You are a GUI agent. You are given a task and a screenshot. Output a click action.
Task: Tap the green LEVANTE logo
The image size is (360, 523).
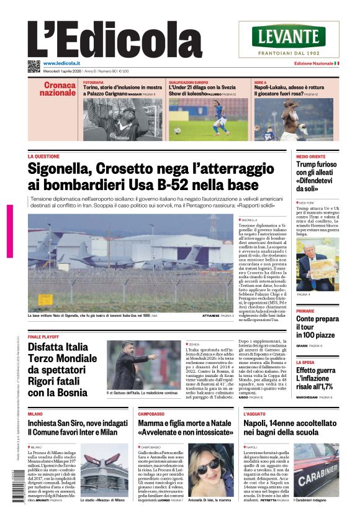tap(297, 36)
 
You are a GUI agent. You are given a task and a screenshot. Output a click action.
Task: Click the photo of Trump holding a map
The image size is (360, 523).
tap(317, 264)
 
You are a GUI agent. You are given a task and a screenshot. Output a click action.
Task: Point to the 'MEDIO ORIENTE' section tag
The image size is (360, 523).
tap(310, 157)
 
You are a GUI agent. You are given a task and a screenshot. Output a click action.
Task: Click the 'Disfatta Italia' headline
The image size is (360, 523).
tap(63, 347)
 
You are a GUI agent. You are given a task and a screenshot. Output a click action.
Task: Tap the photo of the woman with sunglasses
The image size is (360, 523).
tap(210, 469)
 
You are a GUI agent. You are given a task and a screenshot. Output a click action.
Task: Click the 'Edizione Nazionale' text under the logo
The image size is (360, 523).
tap(313, 63)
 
